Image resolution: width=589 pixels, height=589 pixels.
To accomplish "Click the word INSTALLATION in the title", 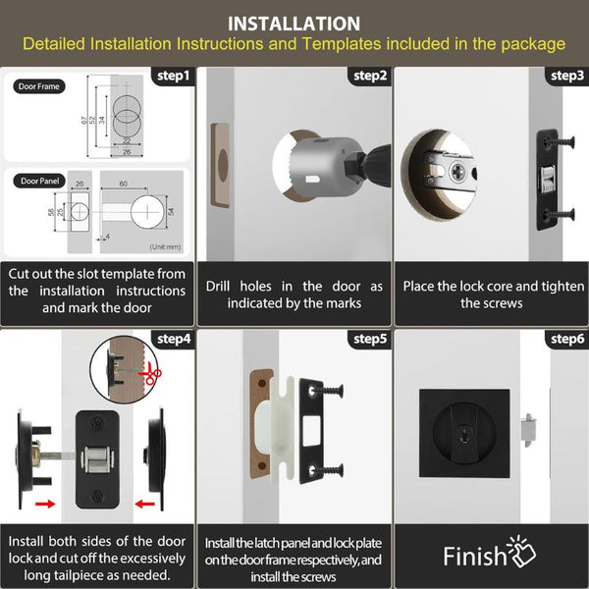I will [294, 23].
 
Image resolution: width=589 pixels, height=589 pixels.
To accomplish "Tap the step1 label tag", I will [174, 76].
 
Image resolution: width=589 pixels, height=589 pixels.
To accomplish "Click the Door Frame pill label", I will [39, 86].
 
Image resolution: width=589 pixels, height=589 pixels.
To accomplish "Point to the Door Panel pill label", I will [41, 181].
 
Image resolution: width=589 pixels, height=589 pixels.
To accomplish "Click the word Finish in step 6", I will [475, 558].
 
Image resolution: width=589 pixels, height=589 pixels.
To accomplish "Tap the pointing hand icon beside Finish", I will [521, 555].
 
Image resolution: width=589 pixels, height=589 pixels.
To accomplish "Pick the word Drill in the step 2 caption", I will [222, 287].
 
